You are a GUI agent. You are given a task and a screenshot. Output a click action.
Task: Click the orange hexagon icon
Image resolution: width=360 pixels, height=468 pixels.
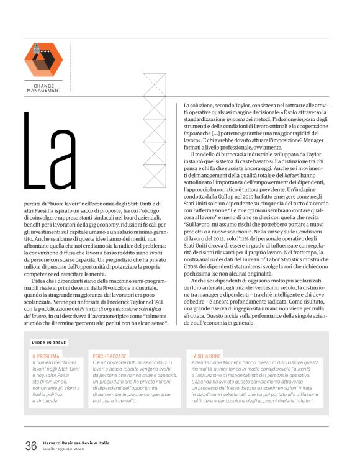click(x=43, y=59)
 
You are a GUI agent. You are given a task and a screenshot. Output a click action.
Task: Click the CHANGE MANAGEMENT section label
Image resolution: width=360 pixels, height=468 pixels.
click(x=44, y=88)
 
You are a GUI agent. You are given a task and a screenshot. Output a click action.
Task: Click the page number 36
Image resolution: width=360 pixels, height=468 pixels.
click(x=31, y=446)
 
